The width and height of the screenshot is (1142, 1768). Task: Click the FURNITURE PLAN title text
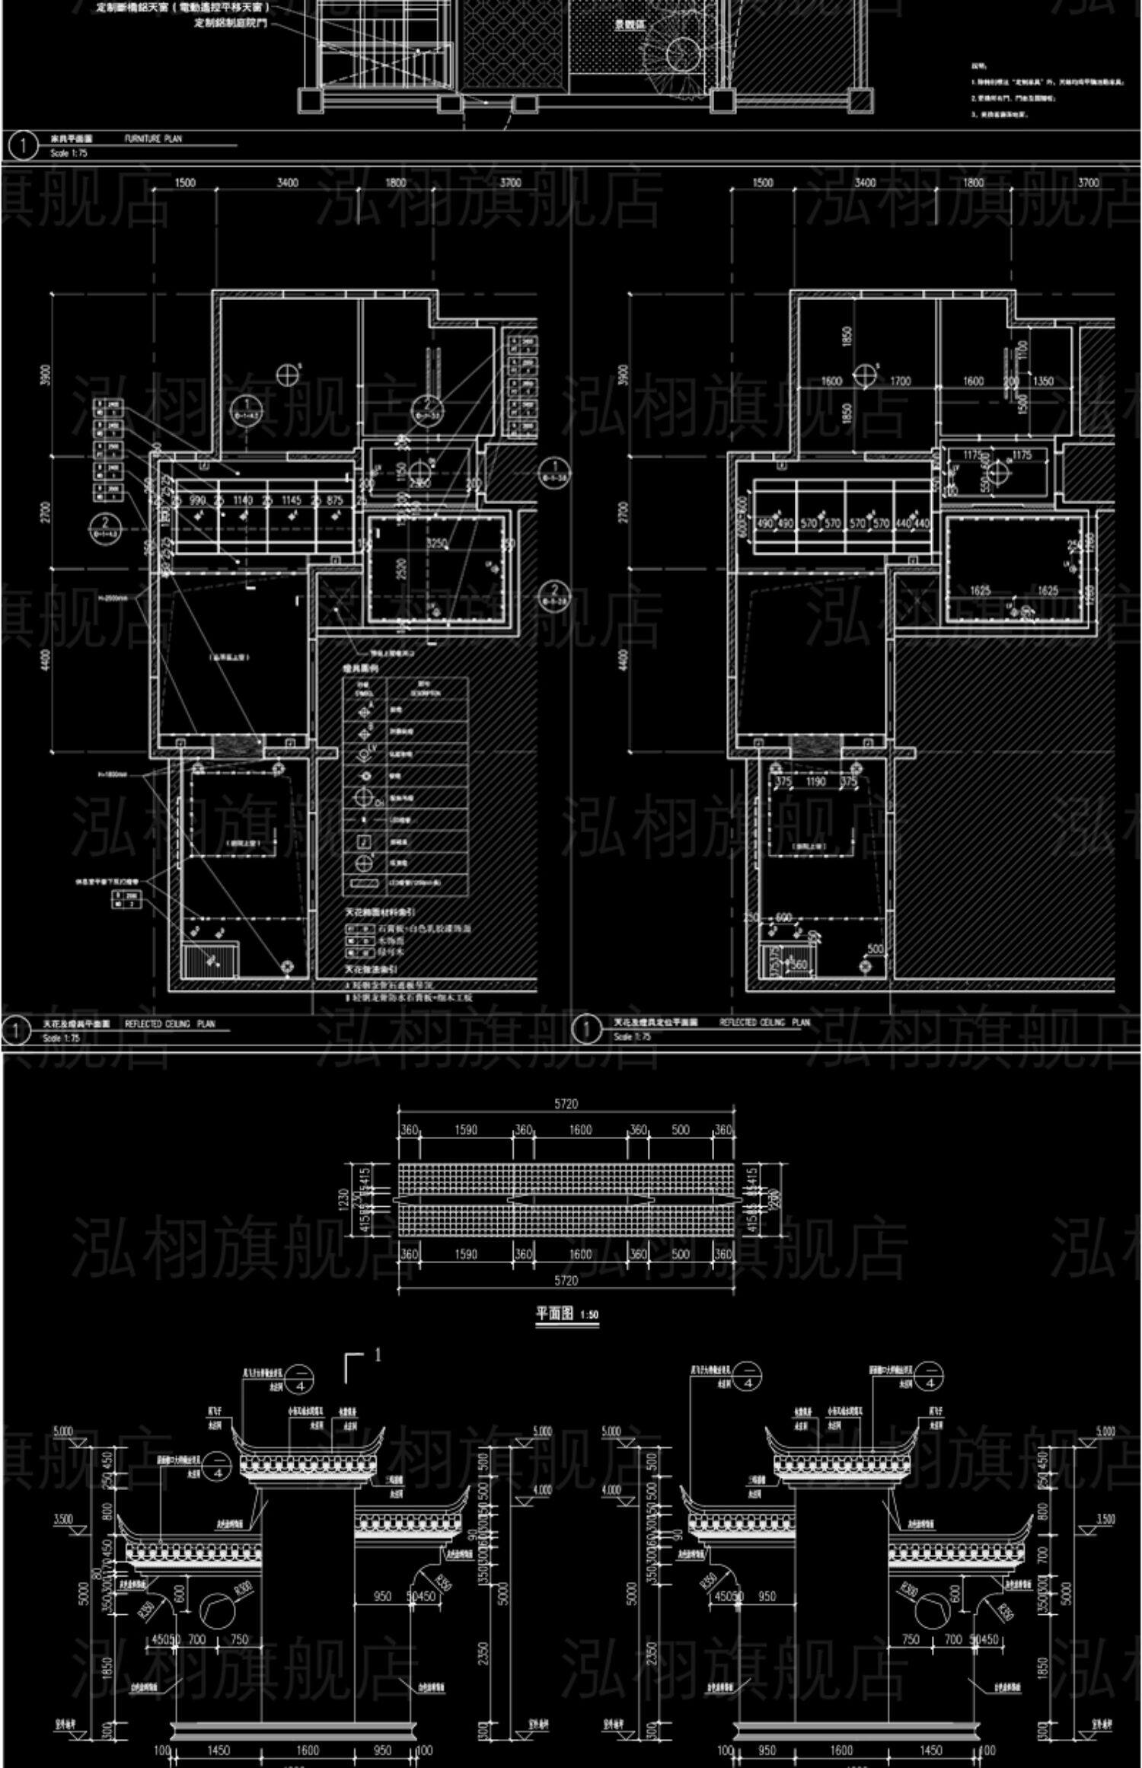[x=153, y=139]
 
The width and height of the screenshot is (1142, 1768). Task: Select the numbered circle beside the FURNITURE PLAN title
[x=23, y=145]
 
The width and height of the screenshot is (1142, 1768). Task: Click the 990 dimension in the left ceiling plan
[x=196, y=500]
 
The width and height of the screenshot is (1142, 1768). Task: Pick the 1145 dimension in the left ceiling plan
[x=291, y=500]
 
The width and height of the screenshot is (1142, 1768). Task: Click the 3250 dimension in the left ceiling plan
[x=436, y=542]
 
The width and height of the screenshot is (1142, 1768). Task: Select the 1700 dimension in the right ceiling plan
[x=899, y=381]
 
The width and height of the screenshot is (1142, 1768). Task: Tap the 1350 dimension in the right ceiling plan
[x=1043, y=381]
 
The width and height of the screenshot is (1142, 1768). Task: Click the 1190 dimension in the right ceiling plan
[x=815, y=781]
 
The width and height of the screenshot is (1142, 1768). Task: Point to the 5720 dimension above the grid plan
[x=566, y=1103]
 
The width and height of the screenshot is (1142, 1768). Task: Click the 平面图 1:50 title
[x=566, y=1313]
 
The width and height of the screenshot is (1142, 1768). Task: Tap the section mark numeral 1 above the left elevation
[x=377, y=1355]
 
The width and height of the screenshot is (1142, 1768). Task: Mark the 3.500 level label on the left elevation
[x=64, y=1520]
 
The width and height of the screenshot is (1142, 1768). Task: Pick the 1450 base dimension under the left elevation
[x=218, y=1750]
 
